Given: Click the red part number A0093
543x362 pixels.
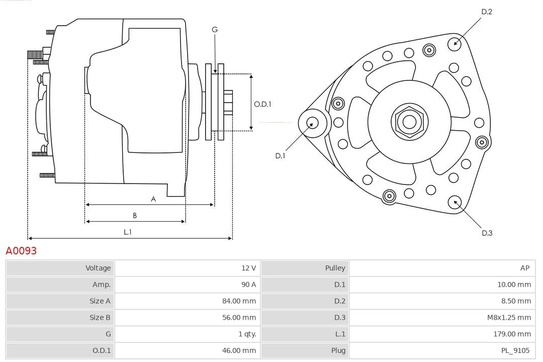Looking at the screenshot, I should tap(21, 250).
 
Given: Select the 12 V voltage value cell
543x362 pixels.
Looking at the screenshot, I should tap(248, 268).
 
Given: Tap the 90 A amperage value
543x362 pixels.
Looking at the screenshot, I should tap(248, 285).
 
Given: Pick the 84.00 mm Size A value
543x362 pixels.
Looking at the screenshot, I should tap(239, 301).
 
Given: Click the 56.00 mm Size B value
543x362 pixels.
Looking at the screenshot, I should tap(239, 318).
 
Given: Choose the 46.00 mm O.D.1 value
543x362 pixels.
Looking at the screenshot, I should tap(239, 350).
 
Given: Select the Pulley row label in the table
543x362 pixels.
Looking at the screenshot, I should tap(335, 268).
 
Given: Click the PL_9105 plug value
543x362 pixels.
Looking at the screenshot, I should tap(516, 350).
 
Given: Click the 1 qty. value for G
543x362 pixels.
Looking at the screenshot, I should tap(246, 334).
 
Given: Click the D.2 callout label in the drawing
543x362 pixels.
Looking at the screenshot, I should tap(487, 12).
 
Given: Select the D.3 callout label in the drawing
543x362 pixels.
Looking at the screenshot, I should tap(487, 233).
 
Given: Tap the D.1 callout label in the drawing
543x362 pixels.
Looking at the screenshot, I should tap(280, 156).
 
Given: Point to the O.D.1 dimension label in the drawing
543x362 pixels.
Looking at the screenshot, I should tap(262, 105).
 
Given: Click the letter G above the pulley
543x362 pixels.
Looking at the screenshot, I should tap(215, 30).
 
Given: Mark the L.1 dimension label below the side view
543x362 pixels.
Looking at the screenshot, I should tap(128, 232).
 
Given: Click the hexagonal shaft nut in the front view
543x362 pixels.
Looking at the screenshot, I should tap(409, 121).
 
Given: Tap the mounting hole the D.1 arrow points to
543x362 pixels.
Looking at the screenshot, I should tap(312, 122).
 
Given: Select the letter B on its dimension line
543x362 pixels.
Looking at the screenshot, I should tap(135, 216).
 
